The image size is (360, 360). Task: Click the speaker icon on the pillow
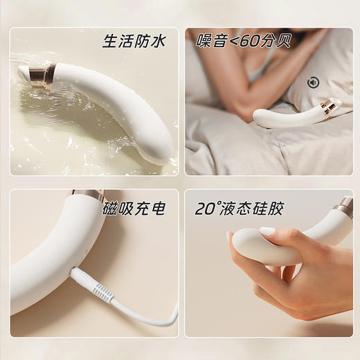(313, 82)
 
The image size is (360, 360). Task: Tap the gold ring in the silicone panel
(343, 206)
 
